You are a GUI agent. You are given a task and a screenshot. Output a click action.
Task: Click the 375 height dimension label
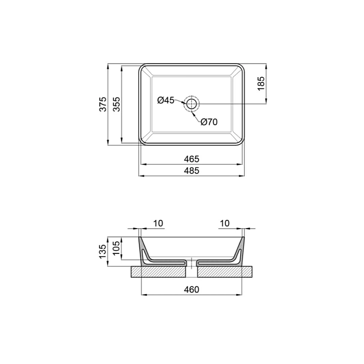pos(103,104)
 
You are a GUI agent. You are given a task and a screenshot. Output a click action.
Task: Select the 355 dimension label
pos(117,104)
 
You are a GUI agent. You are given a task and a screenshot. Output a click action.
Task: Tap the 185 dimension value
pos(261,83)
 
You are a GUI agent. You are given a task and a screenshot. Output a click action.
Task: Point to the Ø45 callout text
pos(165,100)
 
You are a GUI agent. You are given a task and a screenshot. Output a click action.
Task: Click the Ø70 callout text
pos(209,122)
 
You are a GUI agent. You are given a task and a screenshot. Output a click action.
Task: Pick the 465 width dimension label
pos(192,159)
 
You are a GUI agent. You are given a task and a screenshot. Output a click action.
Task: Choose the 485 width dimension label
pos(192,171)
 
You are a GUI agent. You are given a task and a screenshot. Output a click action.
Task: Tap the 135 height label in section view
pos(102,251)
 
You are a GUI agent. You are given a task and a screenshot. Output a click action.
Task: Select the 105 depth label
pos(116,248)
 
